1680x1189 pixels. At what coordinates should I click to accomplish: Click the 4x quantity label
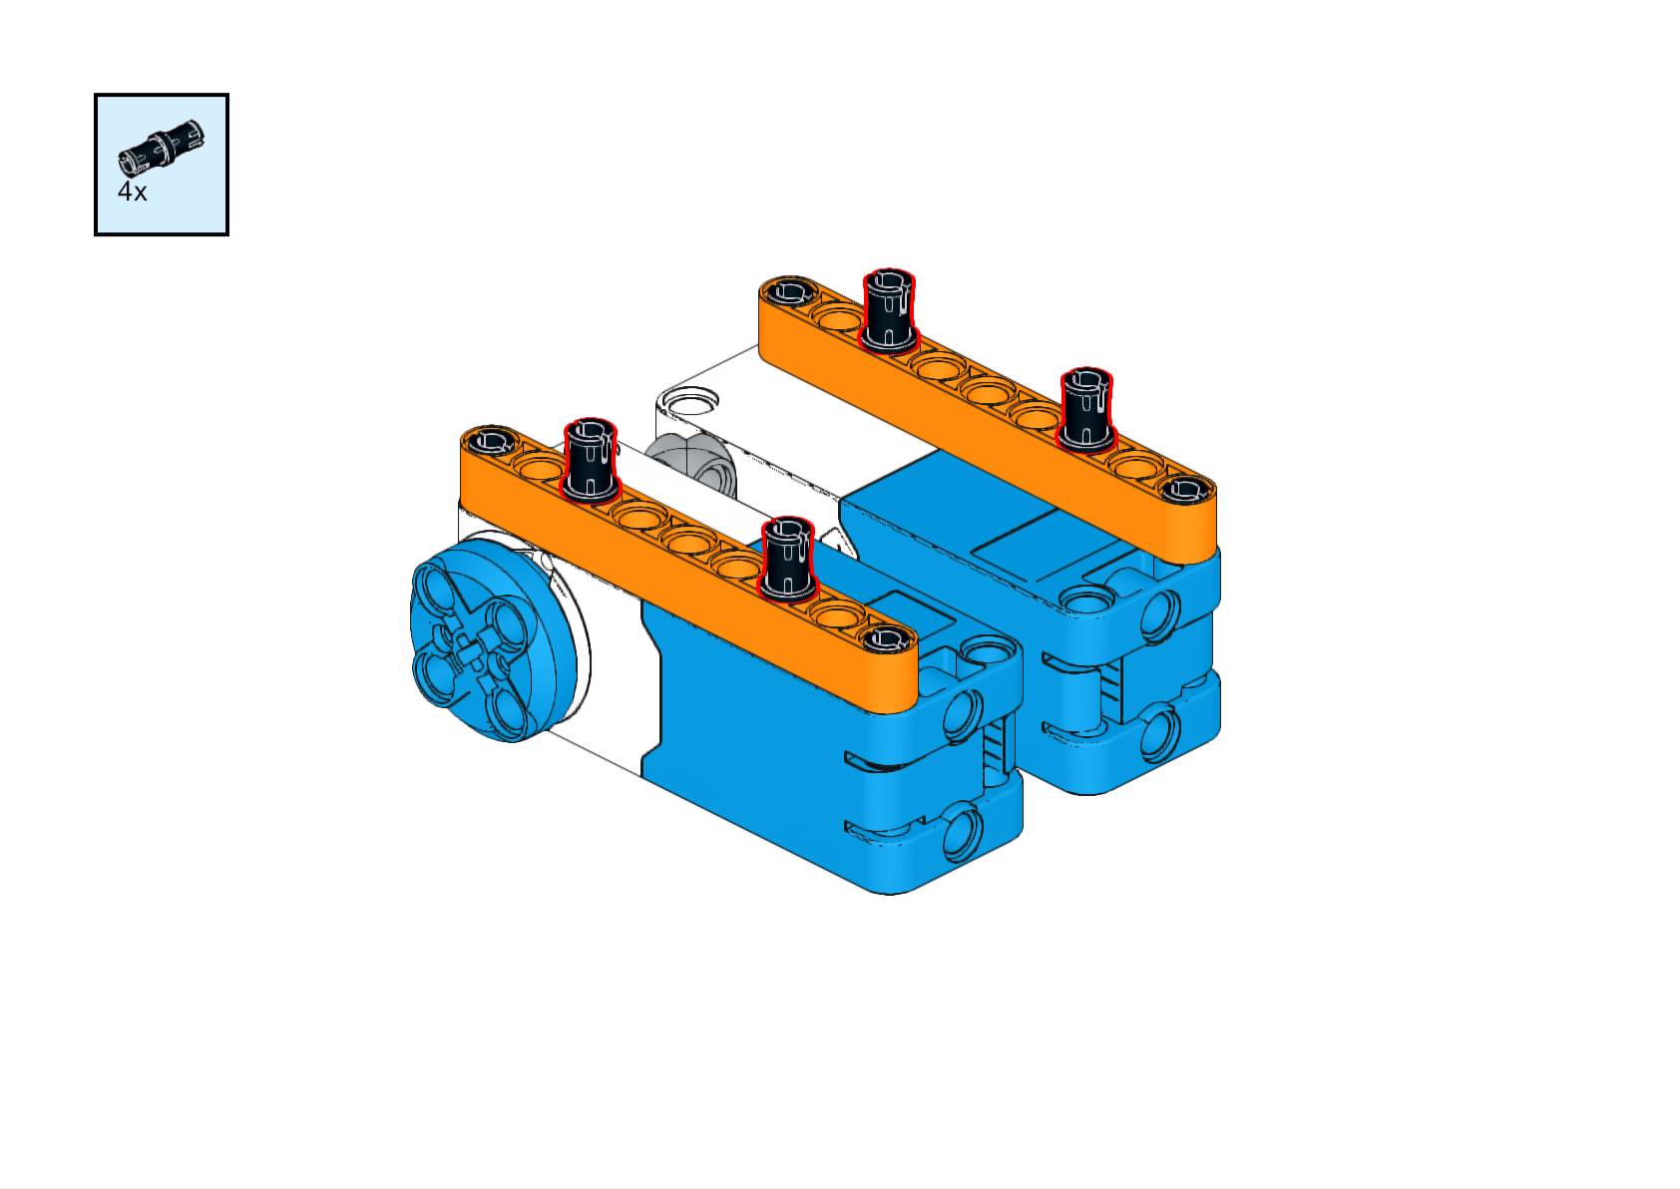pos(132,192)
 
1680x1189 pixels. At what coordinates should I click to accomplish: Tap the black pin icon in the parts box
pos(162,148)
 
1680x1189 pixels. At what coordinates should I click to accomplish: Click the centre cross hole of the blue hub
pos(468,647)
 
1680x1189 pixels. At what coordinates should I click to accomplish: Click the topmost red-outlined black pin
pos(889,310)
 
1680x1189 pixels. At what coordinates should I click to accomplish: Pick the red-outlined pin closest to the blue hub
pos(591,460)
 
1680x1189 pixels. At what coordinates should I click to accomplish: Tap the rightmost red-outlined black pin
pos(1086,410)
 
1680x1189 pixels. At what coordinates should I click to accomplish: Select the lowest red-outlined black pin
pos(787,560)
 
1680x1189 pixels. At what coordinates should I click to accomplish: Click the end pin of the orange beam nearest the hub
pos(491,439)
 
